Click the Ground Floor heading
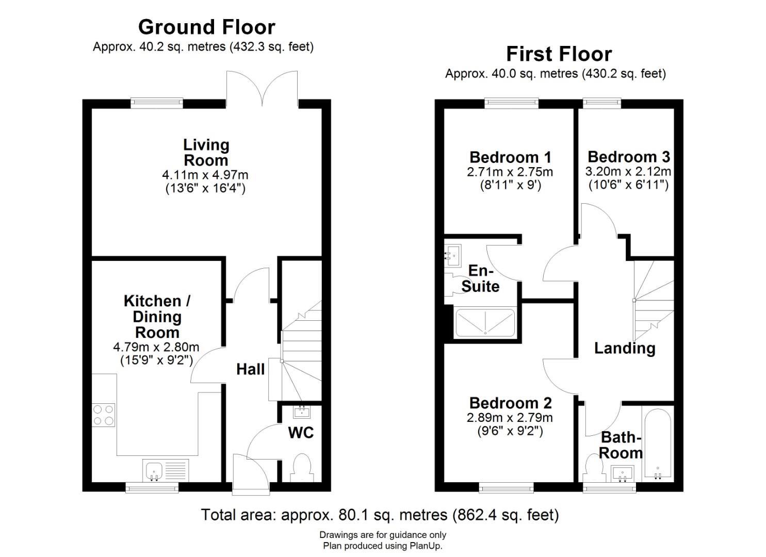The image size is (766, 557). click(206, 27)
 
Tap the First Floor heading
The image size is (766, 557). click(559, 54)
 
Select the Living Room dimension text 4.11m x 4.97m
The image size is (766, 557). click(205, 175)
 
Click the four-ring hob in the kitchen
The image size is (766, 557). click(103, 415)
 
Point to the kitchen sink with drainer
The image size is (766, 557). click(166, 470)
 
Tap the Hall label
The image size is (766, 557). click(250, 369)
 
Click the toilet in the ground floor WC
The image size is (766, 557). click(301, 468)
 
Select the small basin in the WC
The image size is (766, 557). click(302, 412)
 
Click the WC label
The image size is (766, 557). click(301, 433)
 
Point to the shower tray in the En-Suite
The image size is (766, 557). click(485, 322)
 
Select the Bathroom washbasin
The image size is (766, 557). click(623, 473)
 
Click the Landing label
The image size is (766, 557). click(625, 349)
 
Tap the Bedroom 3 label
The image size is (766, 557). click(628, 157)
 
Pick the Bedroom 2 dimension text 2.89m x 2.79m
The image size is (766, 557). click(510, 418)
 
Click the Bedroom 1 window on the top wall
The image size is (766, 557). click(512, 103)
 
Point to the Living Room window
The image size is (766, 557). click(157, 103)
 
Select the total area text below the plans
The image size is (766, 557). click(380, 515)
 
